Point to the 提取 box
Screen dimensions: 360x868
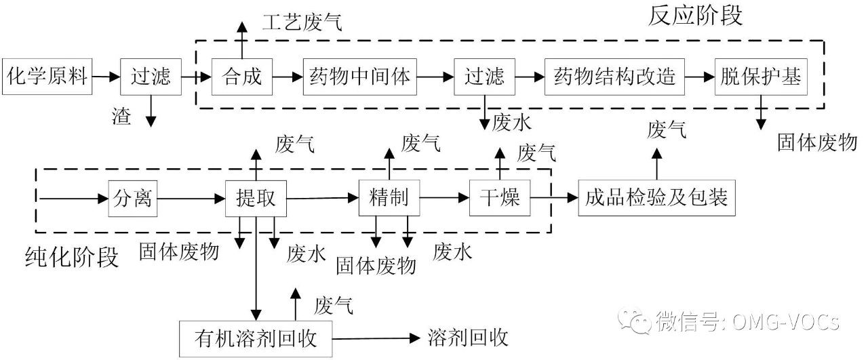click(256, 198)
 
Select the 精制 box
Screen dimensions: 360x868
click(389, 198)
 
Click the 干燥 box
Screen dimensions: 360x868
click(500, 198)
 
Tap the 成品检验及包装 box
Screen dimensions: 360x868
click(656, 198)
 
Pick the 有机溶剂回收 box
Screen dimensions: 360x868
click(256, 337)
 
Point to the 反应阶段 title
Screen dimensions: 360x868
click(695, 15)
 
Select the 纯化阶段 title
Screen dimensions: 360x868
click(71, 258)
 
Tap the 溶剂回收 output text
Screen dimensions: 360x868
click(468, 337)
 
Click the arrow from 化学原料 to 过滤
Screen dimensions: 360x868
click(106, 77)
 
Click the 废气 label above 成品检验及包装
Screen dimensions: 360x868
click(667, 129)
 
